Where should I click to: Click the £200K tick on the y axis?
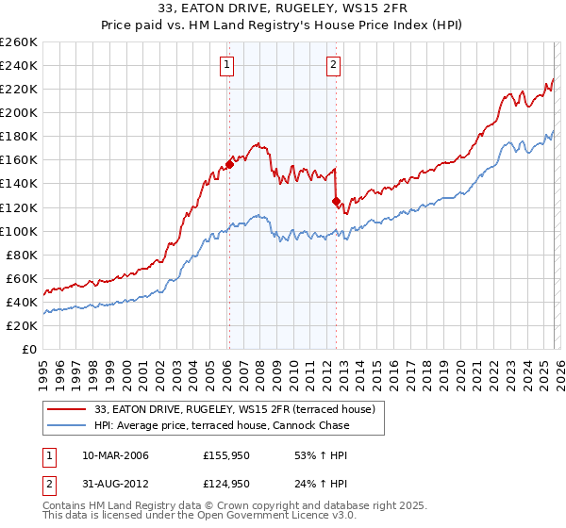(19, 112)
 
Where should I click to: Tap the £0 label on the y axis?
(30, 349)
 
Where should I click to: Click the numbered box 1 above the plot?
(228, 65)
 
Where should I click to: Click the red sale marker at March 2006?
(229, 164)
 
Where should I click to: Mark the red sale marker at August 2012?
(336, 201)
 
